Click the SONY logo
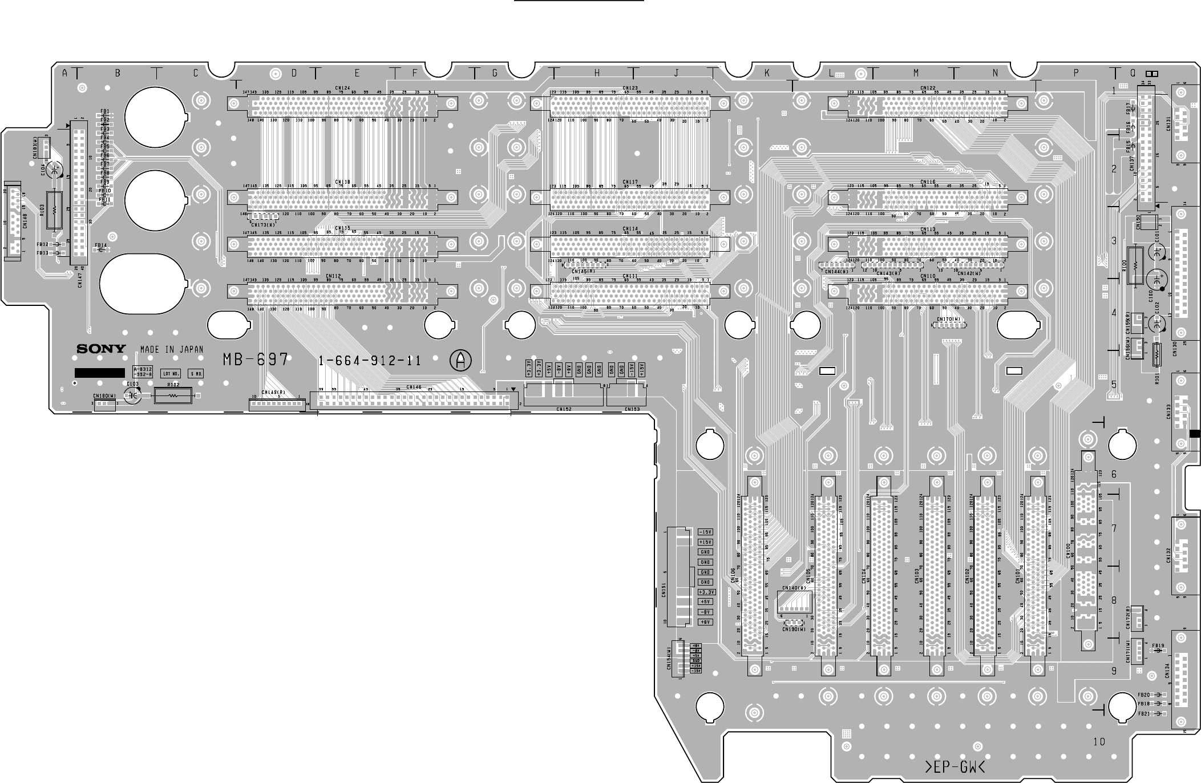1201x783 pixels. click(x=102, y=348)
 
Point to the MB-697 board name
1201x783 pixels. click(x=256, y=360)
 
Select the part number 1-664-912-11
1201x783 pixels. click(x=370, y=361)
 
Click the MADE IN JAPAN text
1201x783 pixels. click(x=172, y=349)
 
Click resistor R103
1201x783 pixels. click(x=54, y=209)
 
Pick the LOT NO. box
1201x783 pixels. click(x=171, y=374)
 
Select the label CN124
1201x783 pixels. click(x=342, y=88)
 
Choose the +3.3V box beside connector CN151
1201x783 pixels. click(x=706, y=592)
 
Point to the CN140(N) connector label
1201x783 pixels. click(x=794, y=588)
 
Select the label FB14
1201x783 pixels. click(x=100, y=245)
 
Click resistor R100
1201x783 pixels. click(x=1134, y=266)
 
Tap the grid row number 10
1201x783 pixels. click(x=1099, y=742)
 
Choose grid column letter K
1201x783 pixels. click(x=767, y=73)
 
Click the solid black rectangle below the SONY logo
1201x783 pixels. click(x=100, y=373)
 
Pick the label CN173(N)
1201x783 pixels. click(x=262, y=225)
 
